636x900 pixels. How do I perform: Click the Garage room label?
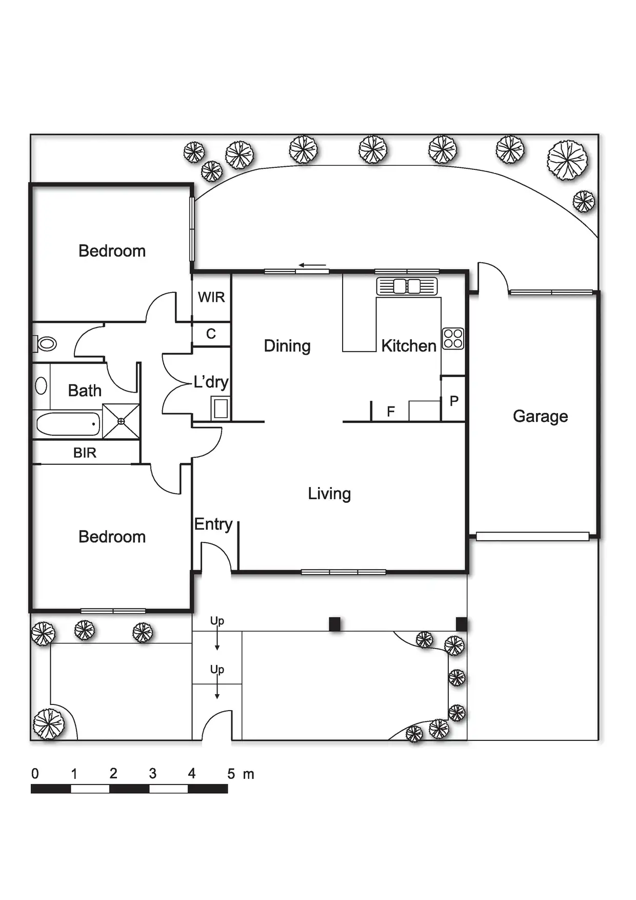coord(540,416)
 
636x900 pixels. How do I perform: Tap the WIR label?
coord(211,297)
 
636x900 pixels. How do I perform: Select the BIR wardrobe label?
coord(85,453)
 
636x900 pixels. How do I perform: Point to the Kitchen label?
coord(408,346)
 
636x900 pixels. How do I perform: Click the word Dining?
coord(287,346)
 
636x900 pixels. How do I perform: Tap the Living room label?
coord(329,494)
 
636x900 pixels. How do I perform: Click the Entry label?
coord(213,524)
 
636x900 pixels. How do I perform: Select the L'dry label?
coord(211,382)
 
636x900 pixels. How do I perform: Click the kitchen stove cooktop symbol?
coord(453,339)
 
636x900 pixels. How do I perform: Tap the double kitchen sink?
coord(407,286)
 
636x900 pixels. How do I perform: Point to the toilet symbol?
coord(46,343)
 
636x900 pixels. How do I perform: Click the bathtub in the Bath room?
coord(68,424)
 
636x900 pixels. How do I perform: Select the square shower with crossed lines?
coord(121,421)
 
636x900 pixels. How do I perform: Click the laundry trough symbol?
coord(221,408)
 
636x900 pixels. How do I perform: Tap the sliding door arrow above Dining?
coord(312,265)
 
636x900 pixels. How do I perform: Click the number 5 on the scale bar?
coord(231,774)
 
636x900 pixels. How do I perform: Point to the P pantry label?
coord(454,401)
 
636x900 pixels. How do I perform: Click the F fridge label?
coord(391,412)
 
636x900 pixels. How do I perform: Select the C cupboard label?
coord(211,334)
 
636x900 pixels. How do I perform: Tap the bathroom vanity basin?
coord(41,385)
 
